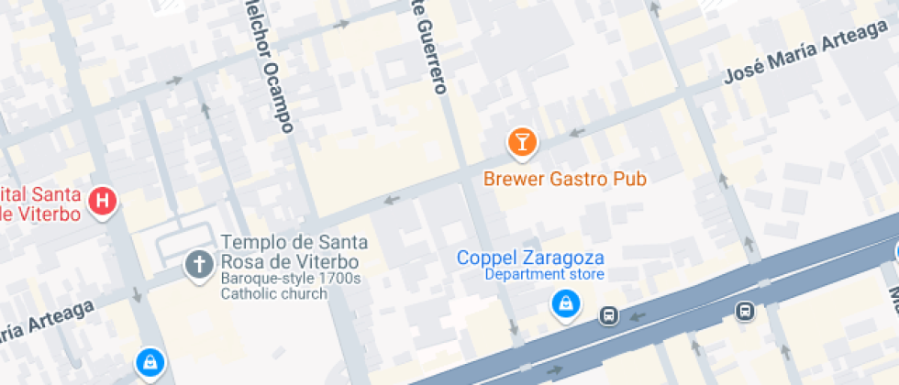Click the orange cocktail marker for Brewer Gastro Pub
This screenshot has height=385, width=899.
(522, 141)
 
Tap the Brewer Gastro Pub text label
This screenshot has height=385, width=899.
(565, 178)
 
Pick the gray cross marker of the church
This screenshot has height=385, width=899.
(197, 265)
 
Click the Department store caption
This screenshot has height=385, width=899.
(544, 274)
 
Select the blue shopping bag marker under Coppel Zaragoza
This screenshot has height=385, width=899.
(566, 303)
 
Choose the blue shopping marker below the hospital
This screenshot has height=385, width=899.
(148, 362)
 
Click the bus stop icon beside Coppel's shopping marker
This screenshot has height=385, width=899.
(607, 315)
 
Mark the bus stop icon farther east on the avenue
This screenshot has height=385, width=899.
(745, 312)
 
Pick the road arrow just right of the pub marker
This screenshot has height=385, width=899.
(577, 132)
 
